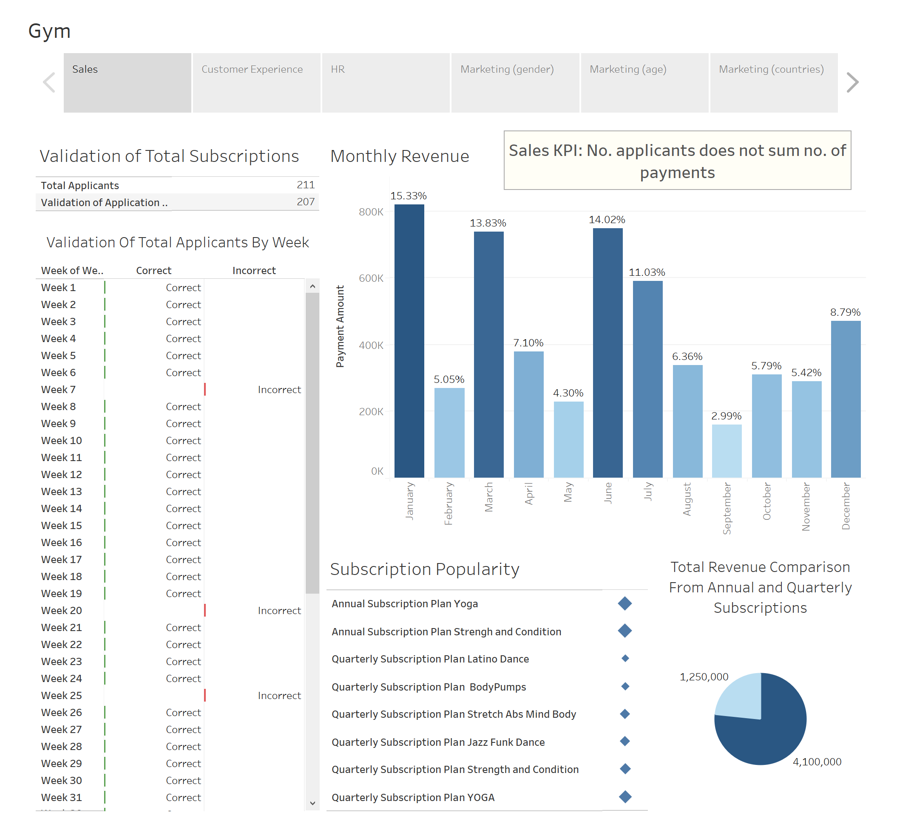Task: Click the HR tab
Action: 386,82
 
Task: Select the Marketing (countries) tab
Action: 773,82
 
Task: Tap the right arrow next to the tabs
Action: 853,82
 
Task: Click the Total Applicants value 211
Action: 305,185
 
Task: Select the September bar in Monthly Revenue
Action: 727,451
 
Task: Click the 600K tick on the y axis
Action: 371,278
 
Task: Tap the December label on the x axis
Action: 846,506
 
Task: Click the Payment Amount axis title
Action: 340,326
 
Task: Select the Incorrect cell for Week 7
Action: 279,390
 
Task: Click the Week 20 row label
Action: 62,611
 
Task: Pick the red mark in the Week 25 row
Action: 205,696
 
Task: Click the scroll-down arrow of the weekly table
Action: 312,803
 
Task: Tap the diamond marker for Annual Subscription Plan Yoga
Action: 625,603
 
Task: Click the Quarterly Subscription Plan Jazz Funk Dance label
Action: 438,742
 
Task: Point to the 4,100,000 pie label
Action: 817,762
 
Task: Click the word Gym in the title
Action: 49,31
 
